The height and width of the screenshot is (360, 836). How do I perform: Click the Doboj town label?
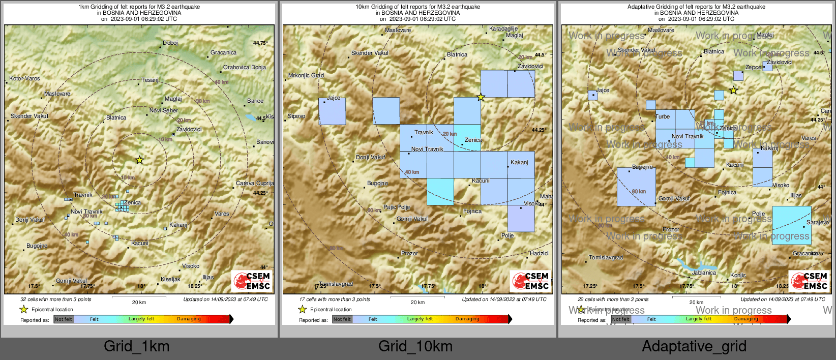(x=170, y=43)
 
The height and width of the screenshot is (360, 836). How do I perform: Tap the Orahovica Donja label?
(x=244, y=67)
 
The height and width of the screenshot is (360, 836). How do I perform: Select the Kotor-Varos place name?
(x=24, y=79)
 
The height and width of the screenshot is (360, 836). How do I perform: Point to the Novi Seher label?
(x=163, y=110)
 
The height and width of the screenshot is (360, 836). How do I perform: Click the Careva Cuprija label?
(x=255, y=183)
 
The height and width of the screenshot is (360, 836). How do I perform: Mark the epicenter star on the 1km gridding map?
(x=139, y=160)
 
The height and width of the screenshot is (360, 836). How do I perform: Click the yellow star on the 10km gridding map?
(x=481, y=97)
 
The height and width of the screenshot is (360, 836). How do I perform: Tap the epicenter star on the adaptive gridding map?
(x=733, y=91)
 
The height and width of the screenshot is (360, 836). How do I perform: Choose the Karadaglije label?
(x=503, y=29)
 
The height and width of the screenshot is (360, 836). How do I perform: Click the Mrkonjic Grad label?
(x=306, y=76)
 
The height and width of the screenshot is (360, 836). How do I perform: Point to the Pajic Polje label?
(x=397, y=207)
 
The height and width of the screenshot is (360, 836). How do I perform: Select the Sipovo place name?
(x=296, y=116)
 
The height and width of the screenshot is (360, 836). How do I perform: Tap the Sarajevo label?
(x=818, y=223)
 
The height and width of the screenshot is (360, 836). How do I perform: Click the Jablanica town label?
(x=704, y=273)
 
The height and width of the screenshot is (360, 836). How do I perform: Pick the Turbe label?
(x=663, y=117)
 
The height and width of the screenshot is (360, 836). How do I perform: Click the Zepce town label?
(x=753, y=68)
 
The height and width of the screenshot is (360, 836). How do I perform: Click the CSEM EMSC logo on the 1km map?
(x=252, y=281)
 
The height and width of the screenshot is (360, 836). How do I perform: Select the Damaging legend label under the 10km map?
(x=467, y=319)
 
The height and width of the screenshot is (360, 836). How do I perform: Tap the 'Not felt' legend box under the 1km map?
(x=64, y=319)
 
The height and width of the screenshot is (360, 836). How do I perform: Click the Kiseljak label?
(x=170, y=280)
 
